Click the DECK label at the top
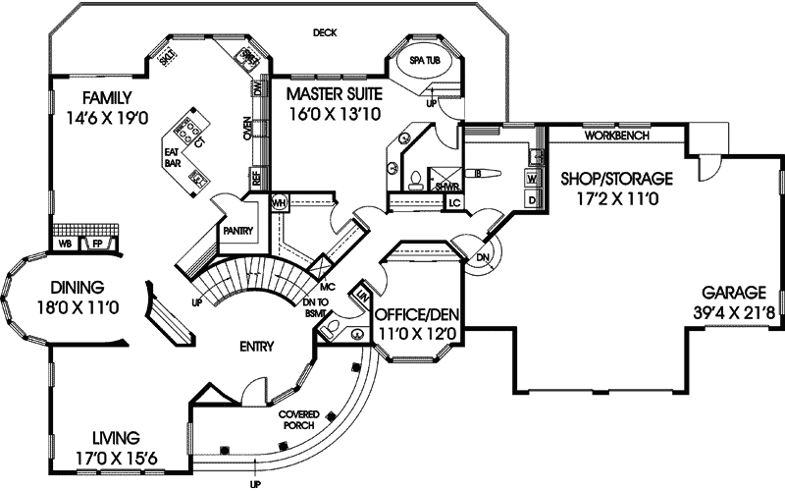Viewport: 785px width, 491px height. tap(325, 32)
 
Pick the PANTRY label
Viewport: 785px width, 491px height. tap(238, 232)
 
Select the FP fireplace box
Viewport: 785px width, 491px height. tap(97, 243)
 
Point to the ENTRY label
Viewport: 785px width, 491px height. tap(256, 345)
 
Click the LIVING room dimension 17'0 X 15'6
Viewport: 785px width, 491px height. tap(102, 456)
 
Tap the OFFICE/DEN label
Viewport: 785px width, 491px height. tap(419, 316)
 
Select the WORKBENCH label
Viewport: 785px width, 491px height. tap(616, 136)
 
